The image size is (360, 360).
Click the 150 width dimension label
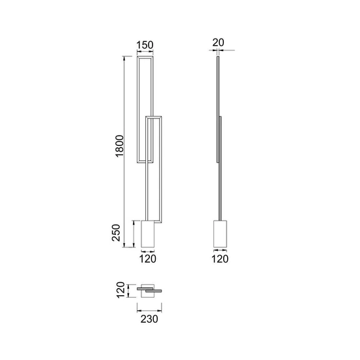145,45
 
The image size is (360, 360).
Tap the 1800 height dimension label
120,146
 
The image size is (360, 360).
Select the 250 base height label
116,233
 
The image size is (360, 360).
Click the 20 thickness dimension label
218,43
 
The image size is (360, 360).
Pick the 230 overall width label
149,319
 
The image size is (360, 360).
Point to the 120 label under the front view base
148,259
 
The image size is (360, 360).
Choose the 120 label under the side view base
220,259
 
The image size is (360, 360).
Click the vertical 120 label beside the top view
120,290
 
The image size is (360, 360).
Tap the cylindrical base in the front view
148,234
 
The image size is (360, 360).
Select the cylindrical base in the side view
220,234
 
